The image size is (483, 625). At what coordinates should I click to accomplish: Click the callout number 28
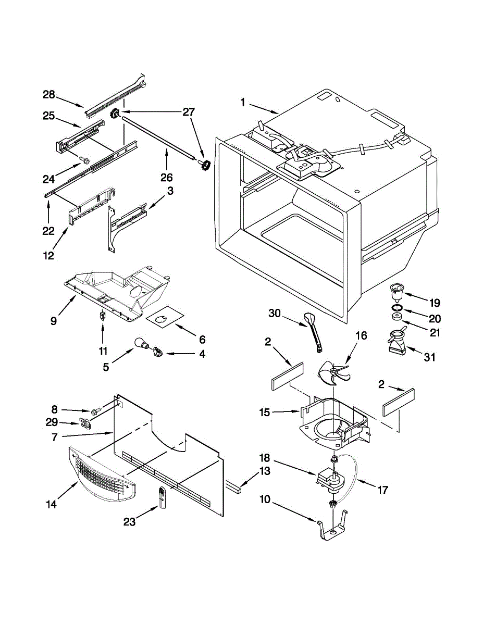tap(48, 95)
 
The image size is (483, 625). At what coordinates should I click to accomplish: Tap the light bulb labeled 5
tap(142, 345)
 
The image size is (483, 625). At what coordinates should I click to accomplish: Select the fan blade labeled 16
tap(332, 373)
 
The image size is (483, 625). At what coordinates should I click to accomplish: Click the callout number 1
tap(243, 103)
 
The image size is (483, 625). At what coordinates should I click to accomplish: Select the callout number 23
tap(130, 522)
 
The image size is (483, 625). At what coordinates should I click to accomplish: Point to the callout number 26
tap(167, 178)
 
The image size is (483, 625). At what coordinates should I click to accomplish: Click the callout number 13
tap(265, 471)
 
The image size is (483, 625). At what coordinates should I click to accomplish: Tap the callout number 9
tap(54, 321)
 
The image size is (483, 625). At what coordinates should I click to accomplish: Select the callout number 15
tap(265, 413)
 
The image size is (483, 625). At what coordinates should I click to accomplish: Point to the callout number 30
tap(275, 314)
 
